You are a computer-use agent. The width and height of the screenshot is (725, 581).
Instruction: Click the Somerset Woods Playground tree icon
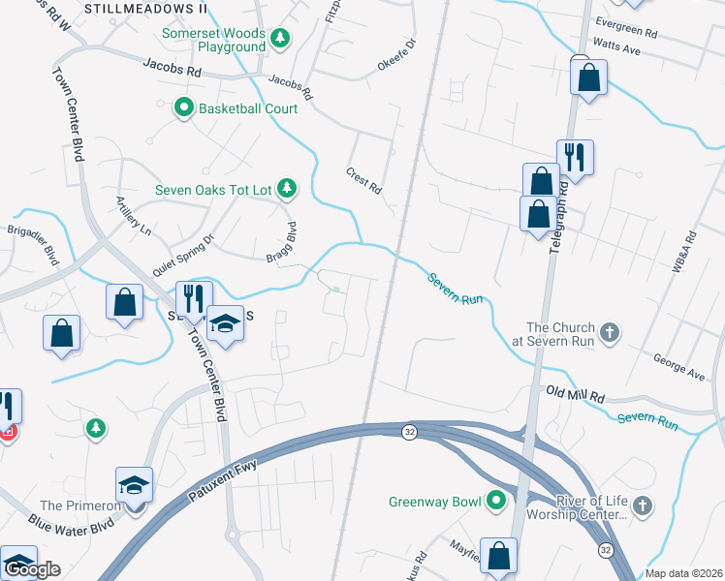pos(280,39)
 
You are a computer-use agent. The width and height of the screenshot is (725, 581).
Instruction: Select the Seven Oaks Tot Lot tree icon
pos(286,189)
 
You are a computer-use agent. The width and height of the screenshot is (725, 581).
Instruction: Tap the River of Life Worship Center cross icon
pos(645,505)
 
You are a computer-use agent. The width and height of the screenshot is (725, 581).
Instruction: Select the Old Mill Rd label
pos(575,394)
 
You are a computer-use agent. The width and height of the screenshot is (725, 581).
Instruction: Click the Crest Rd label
pos(363,179)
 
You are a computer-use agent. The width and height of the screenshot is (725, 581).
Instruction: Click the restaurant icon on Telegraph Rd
pos(575,157)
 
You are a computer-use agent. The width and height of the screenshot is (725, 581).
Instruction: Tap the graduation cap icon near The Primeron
pos(135,483)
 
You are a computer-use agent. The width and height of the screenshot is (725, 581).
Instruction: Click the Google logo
pos(31,569)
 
